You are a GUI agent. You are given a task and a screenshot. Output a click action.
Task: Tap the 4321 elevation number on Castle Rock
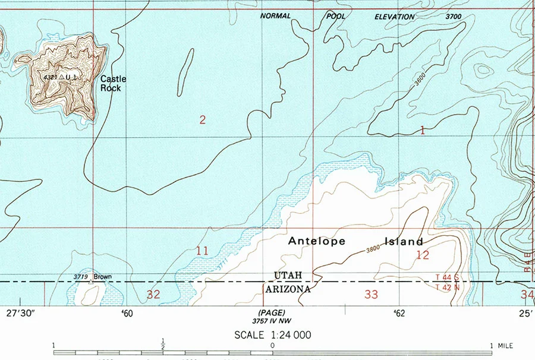51,77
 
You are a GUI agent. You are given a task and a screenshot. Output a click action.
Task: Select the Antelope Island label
355,241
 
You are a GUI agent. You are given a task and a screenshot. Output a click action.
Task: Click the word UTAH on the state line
288,274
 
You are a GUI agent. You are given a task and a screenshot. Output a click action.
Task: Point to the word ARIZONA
288,289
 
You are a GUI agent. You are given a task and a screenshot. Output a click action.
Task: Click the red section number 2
203,120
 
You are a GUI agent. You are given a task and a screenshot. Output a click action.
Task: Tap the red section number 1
423,130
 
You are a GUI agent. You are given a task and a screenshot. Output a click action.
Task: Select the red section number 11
202,251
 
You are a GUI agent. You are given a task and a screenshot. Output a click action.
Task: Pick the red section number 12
423,255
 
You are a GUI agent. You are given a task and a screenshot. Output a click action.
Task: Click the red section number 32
153,294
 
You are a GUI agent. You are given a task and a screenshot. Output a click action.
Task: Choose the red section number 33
371,294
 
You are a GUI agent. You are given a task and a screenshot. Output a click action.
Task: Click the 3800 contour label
373,250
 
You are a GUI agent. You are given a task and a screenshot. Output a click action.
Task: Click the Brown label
102,277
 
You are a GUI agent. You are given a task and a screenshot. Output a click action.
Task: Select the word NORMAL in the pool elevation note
275,16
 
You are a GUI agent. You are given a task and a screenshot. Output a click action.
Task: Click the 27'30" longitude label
21,313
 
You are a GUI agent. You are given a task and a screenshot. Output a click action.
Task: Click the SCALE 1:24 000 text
272,335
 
